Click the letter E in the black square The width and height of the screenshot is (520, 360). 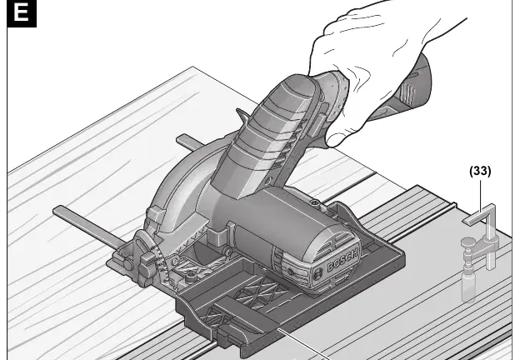pyautogui.click(x=21, y=13)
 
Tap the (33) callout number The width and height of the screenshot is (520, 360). pyautogui.click(x=480, y=171)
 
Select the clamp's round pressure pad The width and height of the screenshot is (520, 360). pyautogui.click(x=467, y=242)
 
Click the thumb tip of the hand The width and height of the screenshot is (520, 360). pyautogui.click(x=336, y=140)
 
